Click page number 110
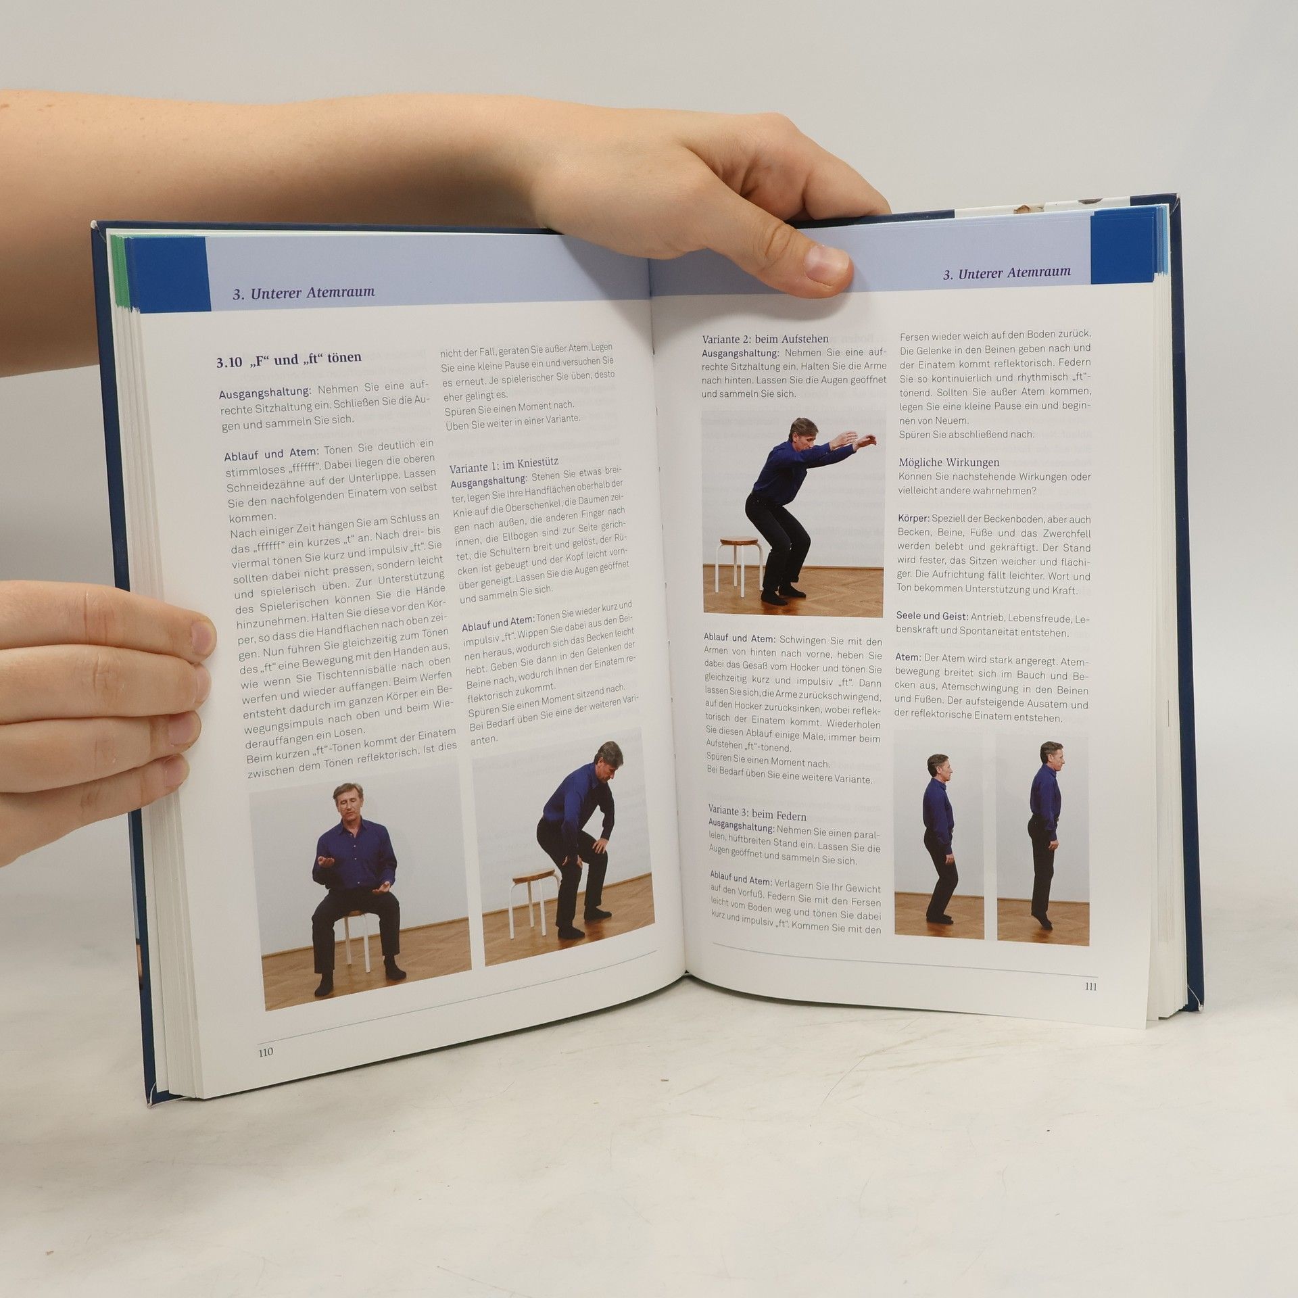pos(264,1072)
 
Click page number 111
pos(1090,986)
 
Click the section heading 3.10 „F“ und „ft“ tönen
pos(289,358)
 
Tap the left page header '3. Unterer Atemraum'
pos(303,293)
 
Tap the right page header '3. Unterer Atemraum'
pos(1007,272)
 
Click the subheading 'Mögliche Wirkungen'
pos(948,462)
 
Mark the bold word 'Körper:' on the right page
pos(913,519)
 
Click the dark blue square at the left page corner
pos(165,274)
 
